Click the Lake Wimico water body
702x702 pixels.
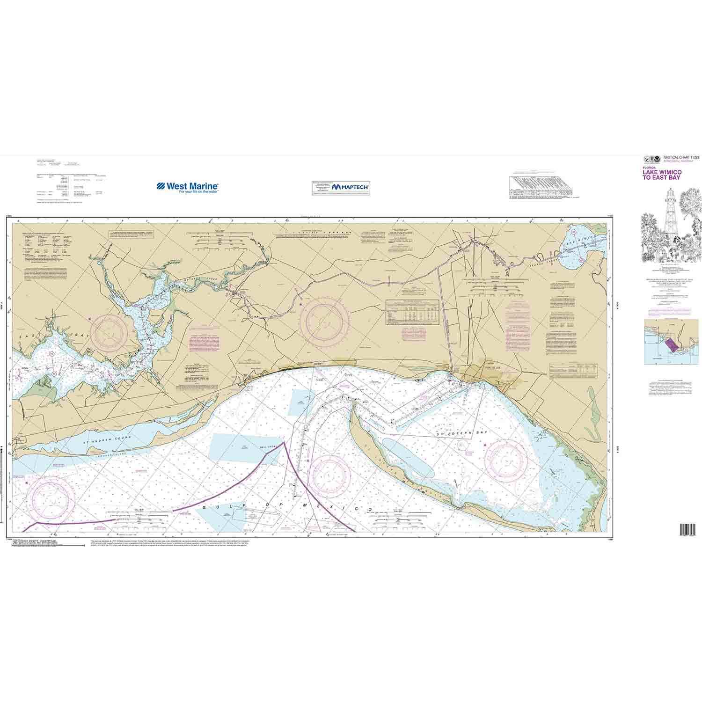[582, 248]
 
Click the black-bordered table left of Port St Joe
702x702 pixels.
[412, 312]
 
